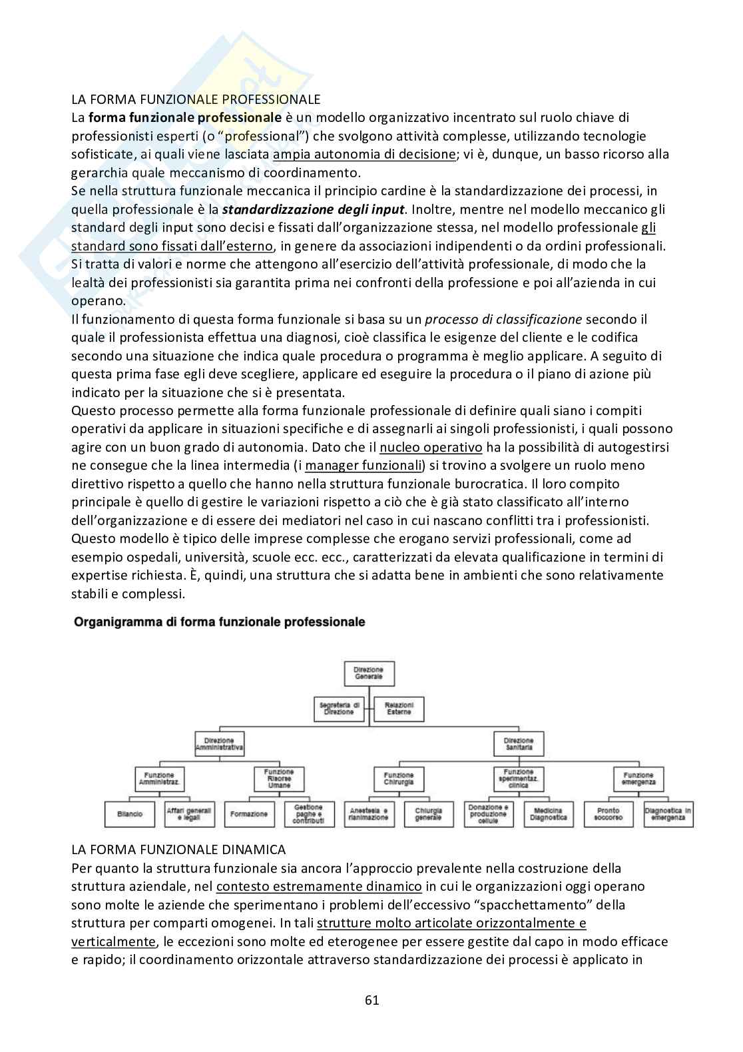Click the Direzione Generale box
click(368, 673)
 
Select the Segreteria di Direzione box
click(340, 709)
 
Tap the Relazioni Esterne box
click(398, 709)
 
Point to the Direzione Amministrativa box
click(220, 744)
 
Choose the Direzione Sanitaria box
click(518, 744)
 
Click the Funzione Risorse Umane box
click(279, 780)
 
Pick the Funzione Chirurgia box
click(398, 780)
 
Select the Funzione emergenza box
click(638, 780)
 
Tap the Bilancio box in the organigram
click(130, 814)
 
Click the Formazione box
click(249, 814)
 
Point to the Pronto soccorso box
click(608, 814)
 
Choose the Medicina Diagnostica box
click(549, 814)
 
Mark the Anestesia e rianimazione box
click(368, 814)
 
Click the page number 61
click(371, 1000)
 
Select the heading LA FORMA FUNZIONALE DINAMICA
click(178, 849)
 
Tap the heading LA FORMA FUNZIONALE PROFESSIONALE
click(196, 99)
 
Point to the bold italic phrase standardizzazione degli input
click(314, 209)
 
